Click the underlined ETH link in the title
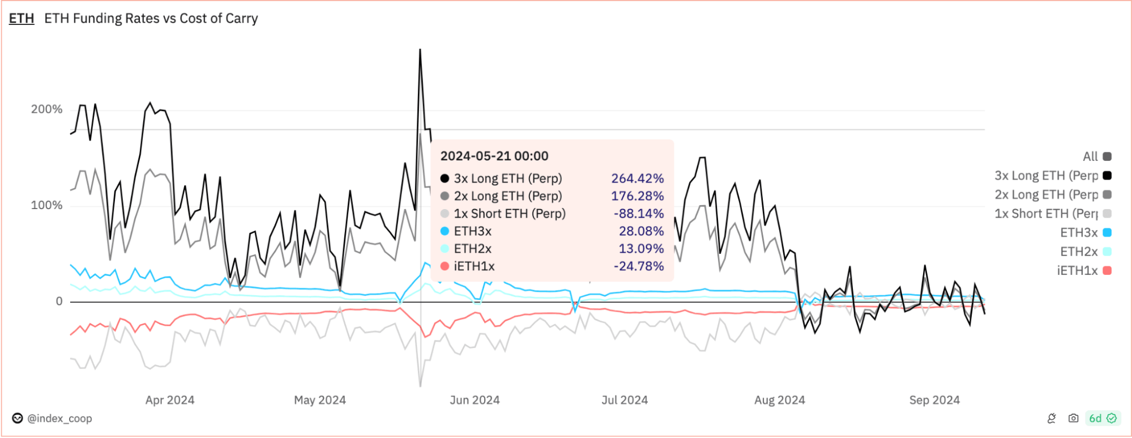(x=22, y=19)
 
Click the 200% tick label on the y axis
(x=46, y=109)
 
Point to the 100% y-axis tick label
(x=46, y=205)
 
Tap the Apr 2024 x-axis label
(x=170, y=400)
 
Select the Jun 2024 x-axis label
(x=475, y=400)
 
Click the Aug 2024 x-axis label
(x=779, y=400)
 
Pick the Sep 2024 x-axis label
(x=934, y=400)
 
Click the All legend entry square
(x=1107, y=156)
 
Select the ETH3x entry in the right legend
(x=1086, y=232)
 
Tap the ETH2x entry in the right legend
(x=1086, y=252)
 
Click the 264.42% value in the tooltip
(x=637, y=178)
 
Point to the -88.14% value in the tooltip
(x=639, y=214)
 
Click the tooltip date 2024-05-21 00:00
(x=494, y=156)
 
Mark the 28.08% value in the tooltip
(x=641, y=231)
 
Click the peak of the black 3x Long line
(x=420, y=49)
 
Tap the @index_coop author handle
(x=59, y=419)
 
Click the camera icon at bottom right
(x=1073, y=418)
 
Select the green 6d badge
(x=1102, y=418)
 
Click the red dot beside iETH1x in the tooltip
(x=445, y=266)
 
